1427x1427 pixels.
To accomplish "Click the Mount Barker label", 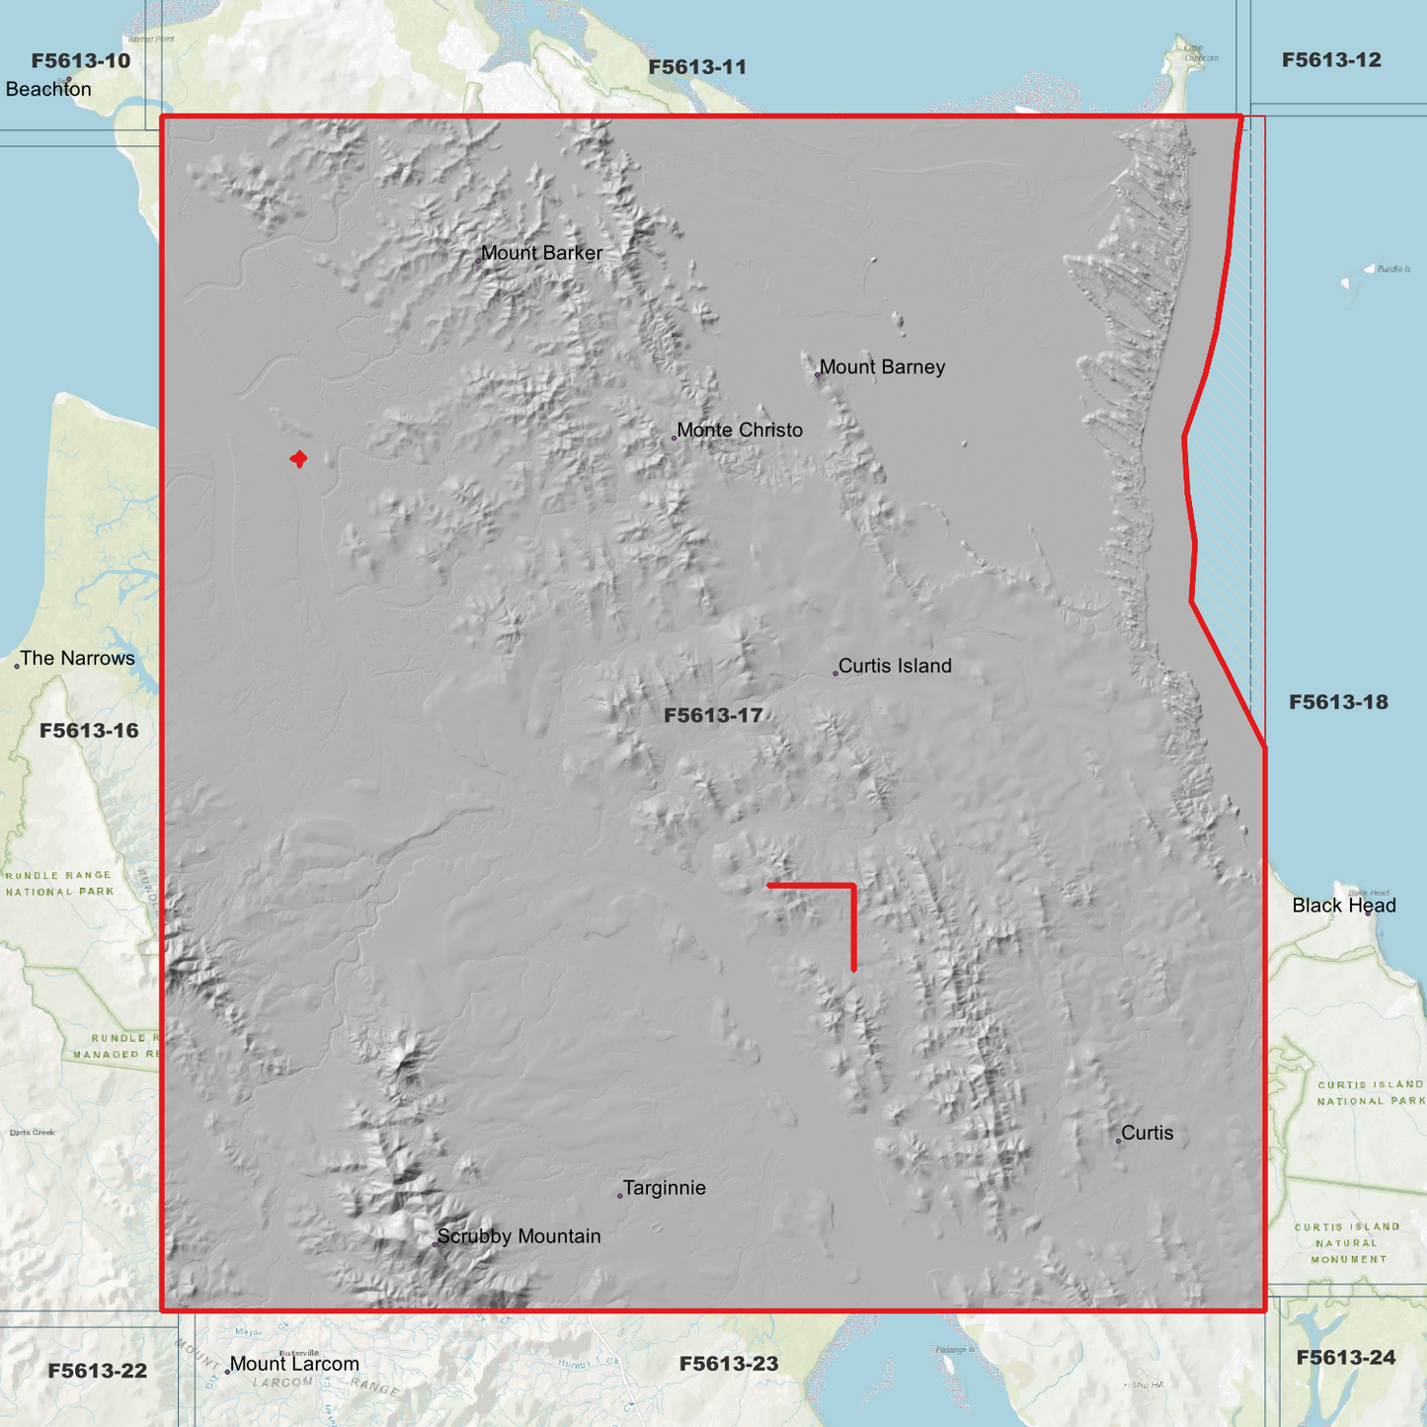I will pyautogui.click(x=541, y=253).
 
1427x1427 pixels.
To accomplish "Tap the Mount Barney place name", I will pyautogui.click(x=882, y=367).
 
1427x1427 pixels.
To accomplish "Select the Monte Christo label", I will pyautogui.click(x=740, y=431).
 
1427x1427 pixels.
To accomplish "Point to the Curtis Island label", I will pyautogui.click(x=895, y=667).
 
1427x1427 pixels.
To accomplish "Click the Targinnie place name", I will pyautogui.click(x=665, y=1188).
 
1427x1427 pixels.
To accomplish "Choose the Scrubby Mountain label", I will pyautogui.click(x=518, y=1236).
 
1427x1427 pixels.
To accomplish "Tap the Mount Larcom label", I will pyautogui.click(x=294, y=1365).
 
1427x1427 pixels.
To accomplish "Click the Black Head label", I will pyautogui.click(x=1344, y=906).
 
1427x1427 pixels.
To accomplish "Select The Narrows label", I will pyautogui.click(x=77, y=659).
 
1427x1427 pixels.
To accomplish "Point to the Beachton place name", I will pyautogui.click(x=48, y=89).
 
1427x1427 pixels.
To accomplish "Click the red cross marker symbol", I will pyautogui.click(x=298, y=459).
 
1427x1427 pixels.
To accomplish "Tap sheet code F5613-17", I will pyautogui.click(x=713, y=716).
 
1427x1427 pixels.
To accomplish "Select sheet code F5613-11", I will pyautogui.click(x=697, y=67).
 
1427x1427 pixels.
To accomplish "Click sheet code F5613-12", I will pyautogui.click(x=1331, y=60).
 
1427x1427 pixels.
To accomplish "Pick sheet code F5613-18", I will pyautogui.click(x=1338, y=702).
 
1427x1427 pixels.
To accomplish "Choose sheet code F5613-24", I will pyautogui.click(x=1345, y=1358).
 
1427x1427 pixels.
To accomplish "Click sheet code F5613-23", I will pyautogui.click(x=729, y=1364).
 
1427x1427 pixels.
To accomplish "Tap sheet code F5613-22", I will pyautogui.click(x=98, y=1371).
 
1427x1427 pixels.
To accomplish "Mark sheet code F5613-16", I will pyautogui.click(x=89, y=731).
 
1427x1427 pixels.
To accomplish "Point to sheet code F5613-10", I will pyautogui.click(x=81, y=61).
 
